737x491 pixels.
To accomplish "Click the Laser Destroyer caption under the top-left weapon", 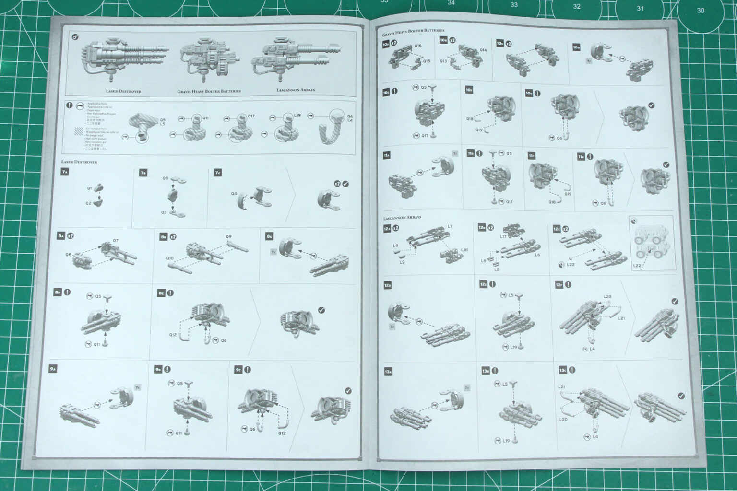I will click(x=123, y=91).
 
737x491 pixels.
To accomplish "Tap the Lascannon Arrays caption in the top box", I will click(x=295, y=90).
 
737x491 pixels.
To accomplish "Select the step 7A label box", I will click(x=65, y=172).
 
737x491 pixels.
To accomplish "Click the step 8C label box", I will click(x=270, y=236).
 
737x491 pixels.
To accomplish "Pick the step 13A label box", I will click(x=388, y=372).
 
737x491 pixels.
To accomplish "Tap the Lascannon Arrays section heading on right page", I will click(x=402, y=217).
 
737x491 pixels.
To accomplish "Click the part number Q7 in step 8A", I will click(x=116, y=240).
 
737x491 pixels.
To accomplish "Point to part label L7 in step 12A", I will click(x=450, y=226).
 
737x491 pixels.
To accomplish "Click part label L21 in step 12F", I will click(x=621, y=318).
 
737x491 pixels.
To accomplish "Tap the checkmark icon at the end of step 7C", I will click(x=346, y=184).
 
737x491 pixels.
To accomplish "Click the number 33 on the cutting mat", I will click(x=514, y=5).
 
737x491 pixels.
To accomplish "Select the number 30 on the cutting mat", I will click(x=701, y=10).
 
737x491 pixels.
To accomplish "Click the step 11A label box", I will click(x=387, y=156).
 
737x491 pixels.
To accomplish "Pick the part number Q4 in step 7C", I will click(x=234, y=194).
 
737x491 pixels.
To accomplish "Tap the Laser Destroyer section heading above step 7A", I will click(x=79, y=162).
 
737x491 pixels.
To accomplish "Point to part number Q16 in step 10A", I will click(x=418, y=46).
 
